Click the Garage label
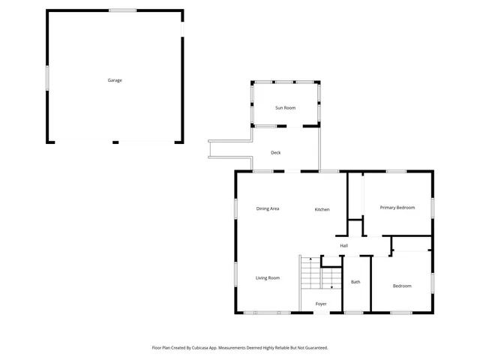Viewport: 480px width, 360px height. (x=114, y=80)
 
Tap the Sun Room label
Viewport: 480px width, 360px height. (x=285, y=108)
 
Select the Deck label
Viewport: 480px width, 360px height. (x=276, y=153)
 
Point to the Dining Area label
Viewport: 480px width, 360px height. (x=268, y=208)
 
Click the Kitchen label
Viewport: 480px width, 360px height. (x=322, y=209)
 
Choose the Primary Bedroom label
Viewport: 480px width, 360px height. (x=397, y=207)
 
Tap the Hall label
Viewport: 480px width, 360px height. (x=343, y=245)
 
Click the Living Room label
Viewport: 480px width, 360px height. (x=268, y=278)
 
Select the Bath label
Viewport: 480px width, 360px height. (x=355, y=282)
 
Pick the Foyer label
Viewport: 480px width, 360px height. (x=321, y=304)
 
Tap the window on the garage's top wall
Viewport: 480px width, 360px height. (x=122, y=10)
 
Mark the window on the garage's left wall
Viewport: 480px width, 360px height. (x=48, y=76)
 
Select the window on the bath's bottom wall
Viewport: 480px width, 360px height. (x=353, y=312)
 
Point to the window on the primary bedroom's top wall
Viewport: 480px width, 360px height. (x=396, y=172)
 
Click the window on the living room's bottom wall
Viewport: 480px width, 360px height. (x=267, y=312)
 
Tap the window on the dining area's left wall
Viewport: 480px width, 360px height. (x=235, y=208)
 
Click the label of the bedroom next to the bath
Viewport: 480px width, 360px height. (x=403, y=286)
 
